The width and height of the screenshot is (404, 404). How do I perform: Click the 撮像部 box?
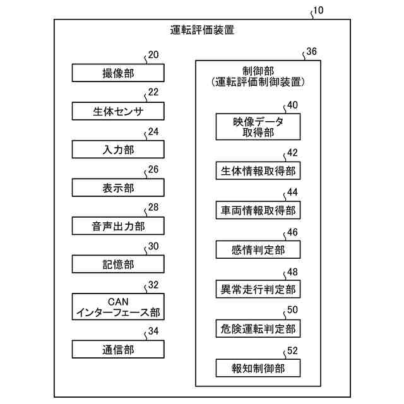[x=118, y=73]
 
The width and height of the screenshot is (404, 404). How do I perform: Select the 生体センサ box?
[x=118, y=112]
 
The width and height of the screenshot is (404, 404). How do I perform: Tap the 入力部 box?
[x=118, y=150]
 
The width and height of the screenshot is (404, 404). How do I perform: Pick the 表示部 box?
[x=118, y=187]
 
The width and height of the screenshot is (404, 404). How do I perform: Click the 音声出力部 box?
[x=118, y=225]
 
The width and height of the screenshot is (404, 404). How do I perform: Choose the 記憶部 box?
[x=118, y=264]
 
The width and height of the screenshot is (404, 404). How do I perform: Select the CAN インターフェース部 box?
[x=118, y=306]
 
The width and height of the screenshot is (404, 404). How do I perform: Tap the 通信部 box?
[x=118, y=348]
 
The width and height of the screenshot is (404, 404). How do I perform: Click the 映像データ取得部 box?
[x=258, y=127]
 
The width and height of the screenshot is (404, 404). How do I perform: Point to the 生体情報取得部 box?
[x=258, y=171]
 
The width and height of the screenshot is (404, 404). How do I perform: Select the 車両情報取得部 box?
[x=258, y=210]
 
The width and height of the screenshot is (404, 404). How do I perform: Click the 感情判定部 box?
[x=258, y=250]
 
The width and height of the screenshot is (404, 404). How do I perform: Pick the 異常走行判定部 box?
[x=258, y=289]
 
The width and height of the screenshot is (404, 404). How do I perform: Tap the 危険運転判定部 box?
[x=258, y=328]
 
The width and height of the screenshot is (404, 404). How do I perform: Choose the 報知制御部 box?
[x=258, y=367]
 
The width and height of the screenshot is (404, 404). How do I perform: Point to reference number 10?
[x=320, y=11]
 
